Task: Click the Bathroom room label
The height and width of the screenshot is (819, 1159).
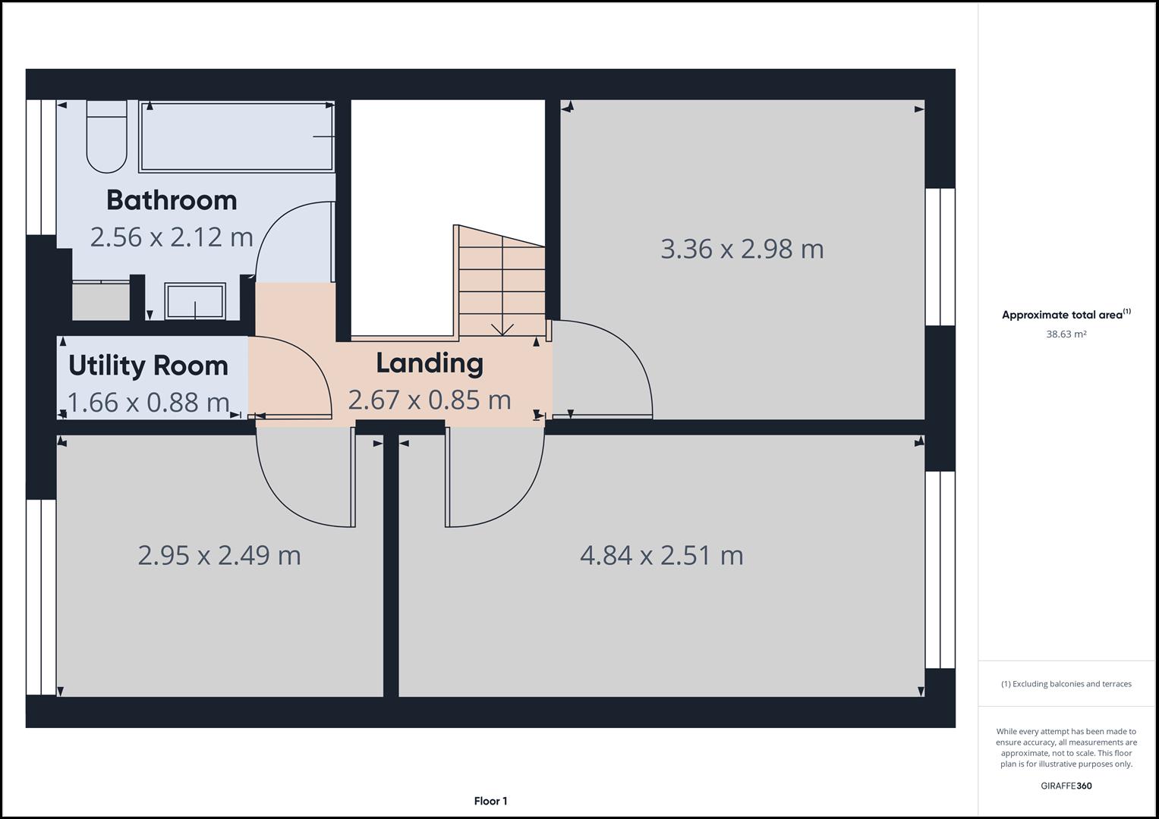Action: (172, 200)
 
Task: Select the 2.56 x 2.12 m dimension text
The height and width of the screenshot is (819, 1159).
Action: (172, 237)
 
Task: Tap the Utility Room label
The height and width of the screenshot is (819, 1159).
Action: (148, 366)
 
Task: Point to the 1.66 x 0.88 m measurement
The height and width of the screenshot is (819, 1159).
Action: (148, 402)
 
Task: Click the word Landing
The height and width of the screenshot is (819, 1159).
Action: (430, 363)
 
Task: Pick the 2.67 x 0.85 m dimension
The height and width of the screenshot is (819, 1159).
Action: (430, 400)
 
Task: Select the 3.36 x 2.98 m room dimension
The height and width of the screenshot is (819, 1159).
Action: (742, 249)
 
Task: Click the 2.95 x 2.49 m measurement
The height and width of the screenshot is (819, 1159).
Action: (219, 555)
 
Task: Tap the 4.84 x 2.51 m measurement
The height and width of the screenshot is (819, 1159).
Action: (661, 555)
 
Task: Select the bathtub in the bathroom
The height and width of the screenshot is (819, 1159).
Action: (237, 136)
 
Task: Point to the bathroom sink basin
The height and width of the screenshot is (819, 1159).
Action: (196, 301)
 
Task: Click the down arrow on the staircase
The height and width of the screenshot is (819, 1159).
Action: (502, 328)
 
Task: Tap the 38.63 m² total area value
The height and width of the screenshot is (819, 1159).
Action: (1066, 334)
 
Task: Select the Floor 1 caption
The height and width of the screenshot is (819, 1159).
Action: (490, 801)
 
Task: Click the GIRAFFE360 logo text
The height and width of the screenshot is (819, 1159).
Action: (1066, 786)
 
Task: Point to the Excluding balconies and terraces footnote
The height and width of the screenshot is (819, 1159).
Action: (1066, 684)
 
